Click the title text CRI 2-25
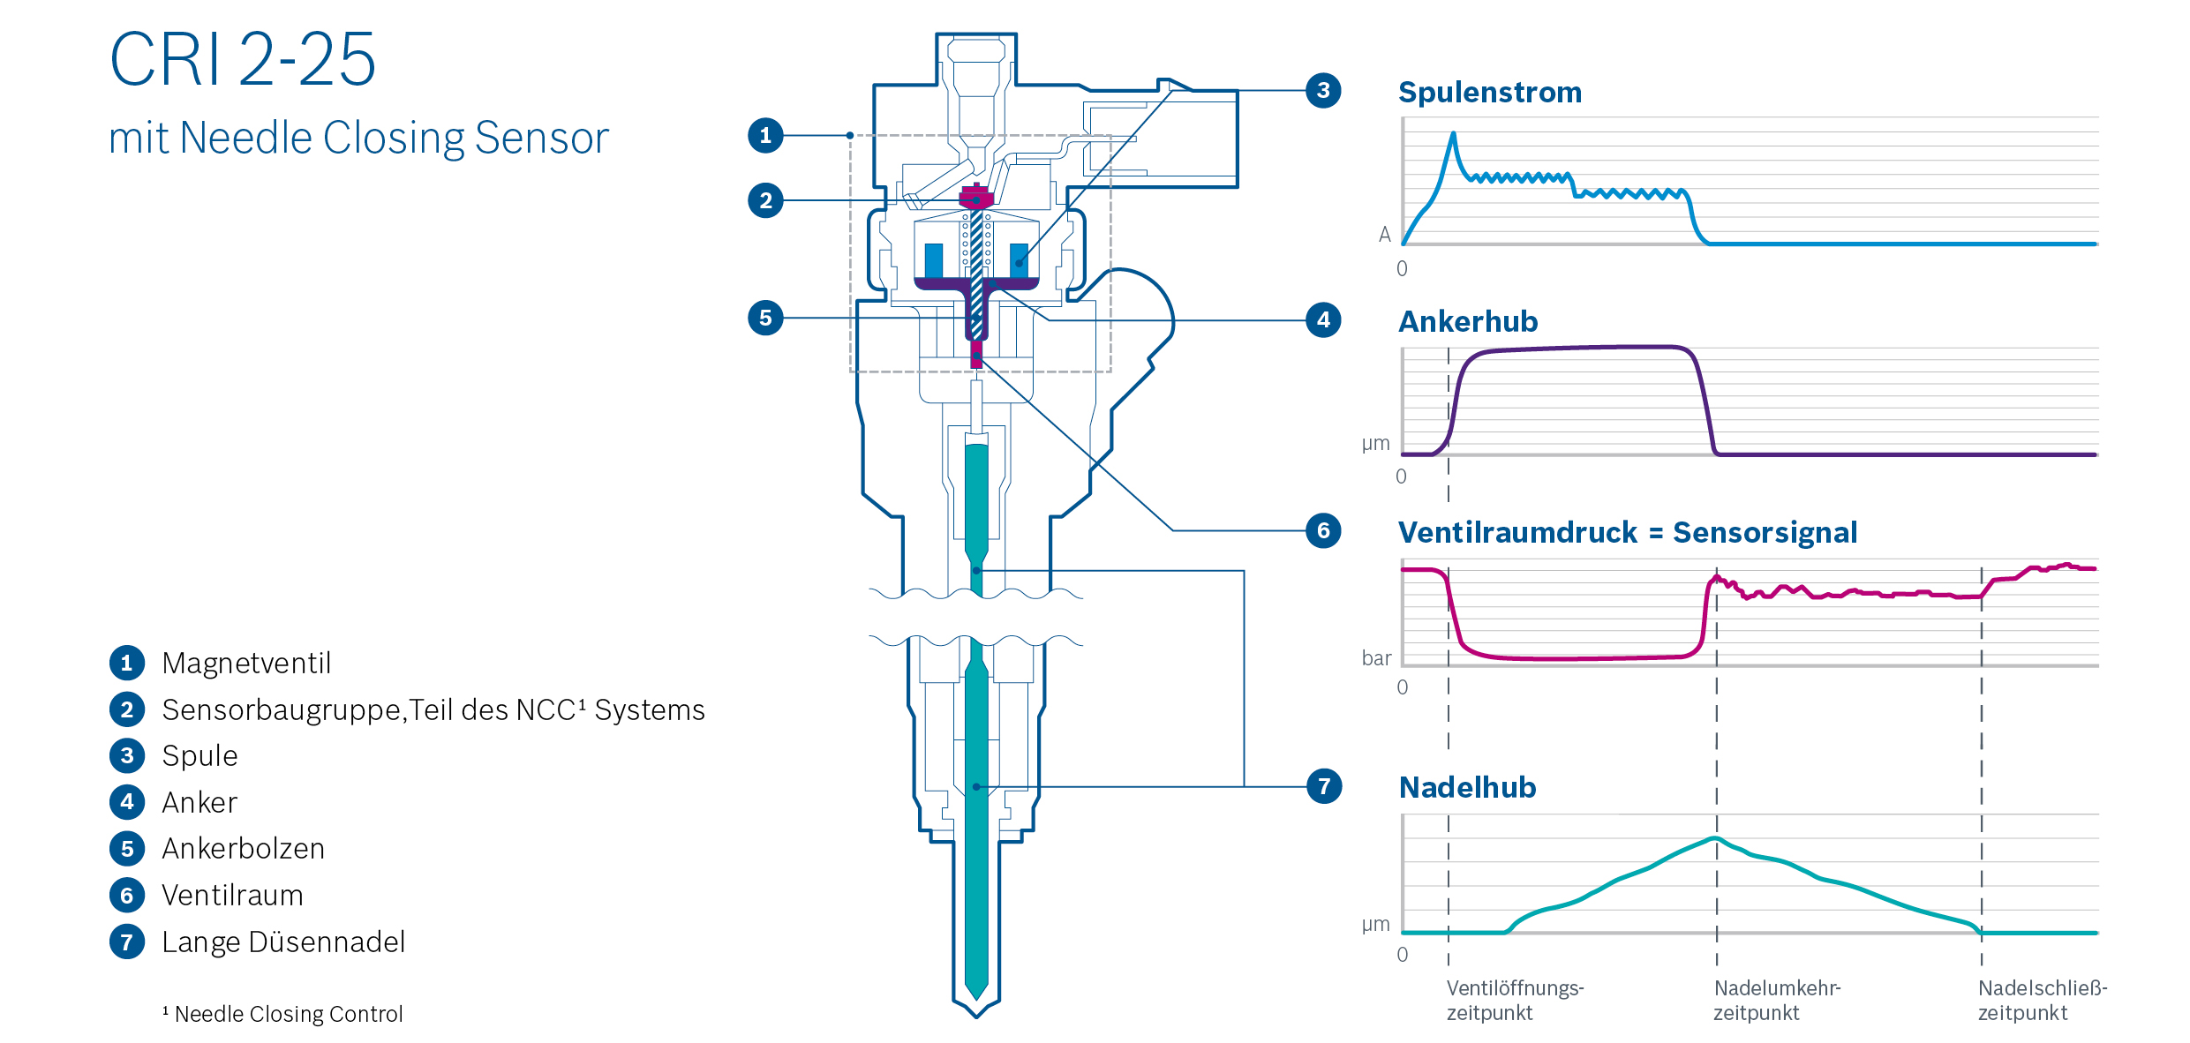(243, 60)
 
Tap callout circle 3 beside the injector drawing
(1322, 90)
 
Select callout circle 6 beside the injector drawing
(1322, 530)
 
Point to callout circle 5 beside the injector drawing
(765, 318)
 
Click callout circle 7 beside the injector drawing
(1323, 786)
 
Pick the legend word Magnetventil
(246, 663)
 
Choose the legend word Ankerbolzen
(243, 849)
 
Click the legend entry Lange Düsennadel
(283, 942)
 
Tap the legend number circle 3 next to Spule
(127, 755)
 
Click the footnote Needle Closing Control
(288, 1014)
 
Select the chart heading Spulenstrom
(1489, 93)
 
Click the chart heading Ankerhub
(1468, 321)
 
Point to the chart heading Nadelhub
(1467, 787)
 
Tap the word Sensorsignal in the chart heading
(1765, 532)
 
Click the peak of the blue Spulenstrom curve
(1453, 133)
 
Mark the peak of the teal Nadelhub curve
(1716, 837)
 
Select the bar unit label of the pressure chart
(1376, 658)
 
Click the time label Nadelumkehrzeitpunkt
(1776, 1000)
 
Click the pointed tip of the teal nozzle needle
(976, 997)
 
